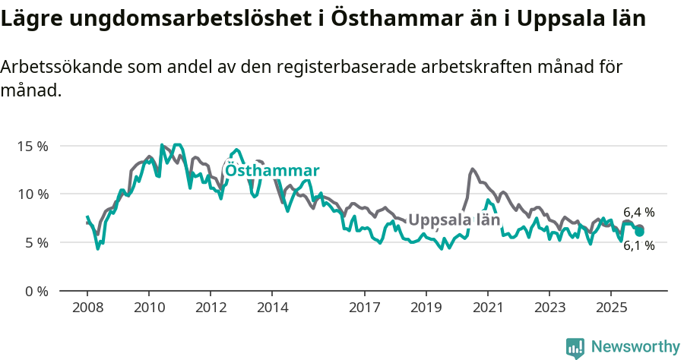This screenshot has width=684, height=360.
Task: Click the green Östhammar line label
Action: pyautogui.click(x=272, y=170)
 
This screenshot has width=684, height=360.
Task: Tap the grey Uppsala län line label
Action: pyautogui.click(x=454, y=220)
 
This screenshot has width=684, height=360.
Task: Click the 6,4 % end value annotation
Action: pyautogui.click(x=638, y=213)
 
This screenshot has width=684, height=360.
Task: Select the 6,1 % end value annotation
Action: pyautogui.click(x=638, y=245)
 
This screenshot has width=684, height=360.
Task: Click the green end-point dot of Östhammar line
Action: pyautogui.click(x=639, y=231)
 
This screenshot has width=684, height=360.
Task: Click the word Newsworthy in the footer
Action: pyautogui.click(x=635, y=346)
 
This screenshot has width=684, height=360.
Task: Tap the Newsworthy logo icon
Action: pyautogui.click(x=575, y=347)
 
